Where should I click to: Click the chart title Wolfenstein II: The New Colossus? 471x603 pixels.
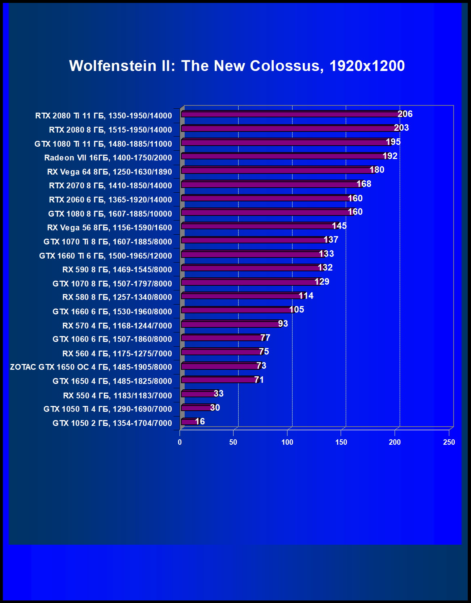click(x=237, y=66)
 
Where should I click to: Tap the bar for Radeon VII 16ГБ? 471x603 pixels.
click(x=282, y=156)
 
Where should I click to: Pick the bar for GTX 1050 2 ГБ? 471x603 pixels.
click(x=188, y=422)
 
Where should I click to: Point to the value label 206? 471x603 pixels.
click(x=405, y=114)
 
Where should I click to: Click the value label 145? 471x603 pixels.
click(x=339, y=226)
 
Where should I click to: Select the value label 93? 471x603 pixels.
click(x=283, y=324)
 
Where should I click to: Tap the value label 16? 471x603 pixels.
click(x=200, y=422)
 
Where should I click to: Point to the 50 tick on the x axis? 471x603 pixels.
click(x=233, y=442)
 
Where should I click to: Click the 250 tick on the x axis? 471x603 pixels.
click(x=449, y=442)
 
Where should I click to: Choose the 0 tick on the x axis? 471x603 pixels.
click(x=180, y=442)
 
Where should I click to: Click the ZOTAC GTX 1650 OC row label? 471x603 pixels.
click(x=91, y=367)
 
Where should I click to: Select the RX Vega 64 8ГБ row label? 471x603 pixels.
click(x=109, y=172)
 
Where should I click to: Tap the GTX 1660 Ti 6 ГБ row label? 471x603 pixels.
click(x=105, y=256)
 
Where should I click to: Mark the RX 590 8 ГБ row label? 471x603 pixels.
click(x=117, y=269)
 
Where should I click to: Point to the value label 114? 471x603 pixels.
click(x=306, y=296)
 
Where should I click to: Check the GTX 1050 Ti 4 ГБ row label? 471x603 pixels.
click(x=108, y=409)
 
